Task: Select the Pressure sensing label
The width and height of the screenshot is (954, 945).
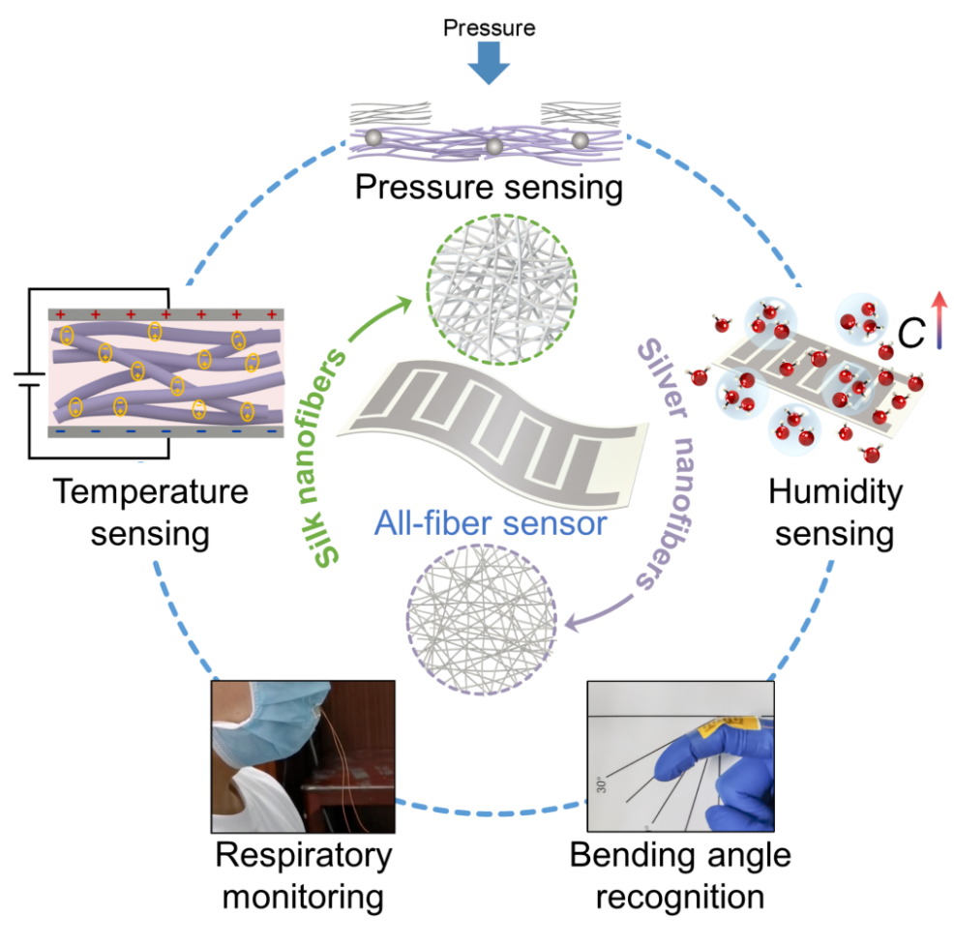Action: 488,186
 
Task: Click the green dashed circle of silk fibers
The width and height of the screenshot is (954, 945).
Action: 501,286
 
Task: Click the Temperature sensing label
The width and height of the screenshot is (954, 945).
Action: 150,513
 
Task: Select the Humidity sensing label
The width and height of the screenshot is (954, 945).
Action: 834,513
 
